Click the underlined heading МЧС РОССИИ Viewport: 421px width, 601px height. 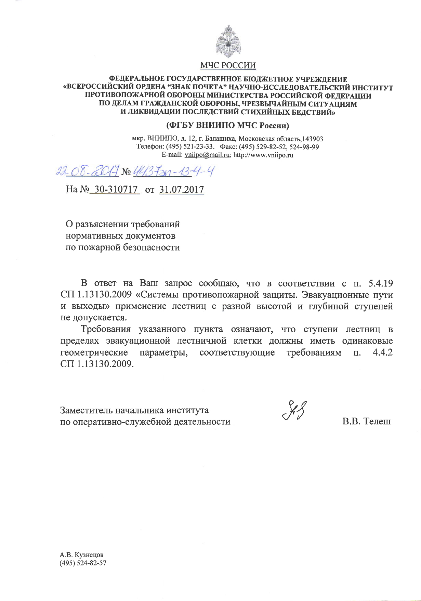pos(228,65)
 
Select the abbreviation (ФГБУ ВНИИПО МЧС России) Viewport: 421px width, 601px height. pos(228,126)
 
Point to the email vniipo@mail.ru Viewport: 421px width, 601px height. pos(207,155)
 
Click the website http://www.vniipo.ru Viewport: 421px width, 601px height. pos(263,155)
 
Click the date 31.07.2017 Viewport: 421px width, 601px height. pos(182,190)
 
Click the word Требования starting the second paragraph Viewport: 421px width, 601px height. pos(106,329)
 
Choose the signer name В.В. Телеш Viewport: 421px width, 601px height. pos(367,421)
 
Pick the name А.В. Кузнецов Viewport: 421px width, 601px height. pos(81,555)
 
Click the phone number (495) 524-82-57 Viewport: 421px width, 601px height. pos(83,563)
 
